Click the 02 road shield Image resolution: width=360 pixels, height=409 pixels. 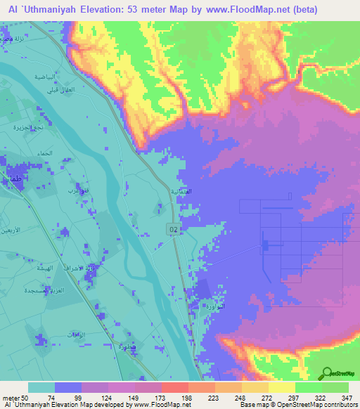[172, 229]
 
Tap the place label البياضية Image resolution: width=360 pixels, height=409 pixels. [45, 76]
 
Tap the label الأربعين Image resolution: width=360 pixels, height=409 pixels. [12, 231]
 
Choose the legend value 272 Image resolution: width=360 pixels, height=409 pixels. [267, 397]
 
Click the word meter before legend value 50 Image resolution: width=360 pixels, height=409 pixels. [11, 397]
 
